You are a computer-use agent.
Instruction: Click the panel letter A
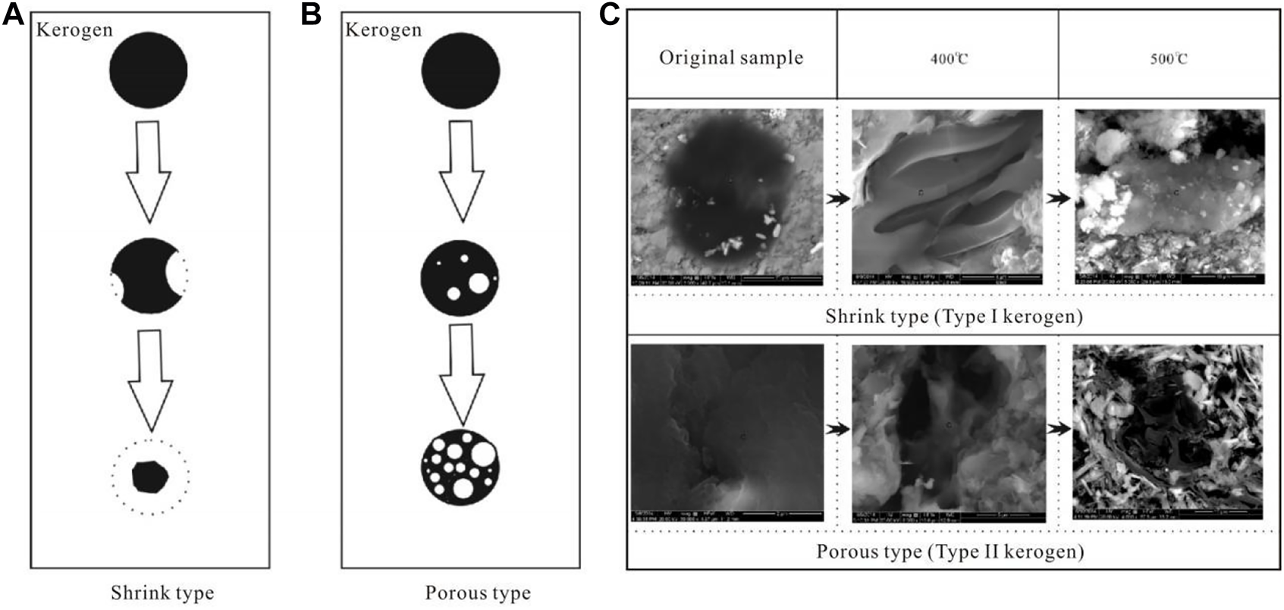coord(14,14)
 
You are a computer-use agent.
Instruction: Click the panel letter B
coord(311,14)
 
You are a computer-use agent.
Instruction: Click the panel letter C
coord(610,14)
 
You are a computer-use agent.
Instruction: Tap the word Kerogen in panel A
coord(74,30)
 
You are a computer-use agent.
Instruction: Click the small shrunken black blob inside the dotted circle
coord(150,477)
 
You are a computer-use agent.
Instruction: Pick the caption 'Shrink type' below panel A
coord(162,592)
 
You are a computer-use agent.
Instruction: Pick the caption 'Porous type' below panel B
coord(478,592)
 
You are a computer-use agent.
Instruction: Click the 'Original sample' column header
coord(730,58)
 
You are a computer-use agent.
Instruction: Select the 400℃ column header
coord(949,58)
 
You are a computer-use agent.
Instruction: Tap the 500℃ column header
coord(1168,58)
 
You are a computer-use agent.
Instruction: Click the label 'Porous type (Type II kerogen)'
coord(950,551)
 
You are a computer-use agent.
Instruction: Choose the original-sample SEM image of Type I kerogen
coord(727,197)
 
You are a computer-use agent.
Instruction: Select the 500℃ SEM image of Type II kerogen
coord(1168,432)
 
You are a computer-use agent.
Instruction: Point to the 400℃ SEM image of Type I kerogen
coord(947,197)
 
